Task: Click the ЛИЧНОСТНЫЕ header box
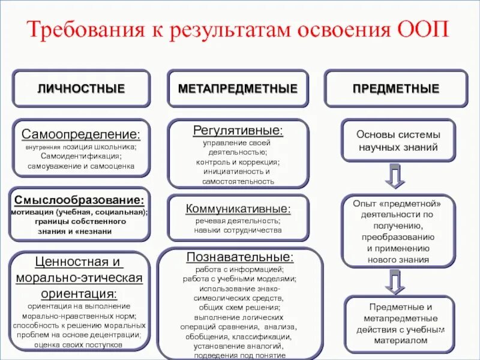pyautogui.click(x=81, y=89)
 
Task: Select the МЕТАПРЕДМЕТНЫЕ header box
pyautogui.click(x=238, y=89)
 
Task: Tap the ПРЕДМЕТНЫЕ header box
pyautogui.click(x=395, y=89)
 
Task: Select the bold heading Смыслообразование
pyautogui.click(x=79, y=200)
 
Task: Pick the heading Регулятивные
pyautogui.click(x=238, y=130)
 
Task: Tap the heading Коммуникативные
pyautogui.click(x=238, y=209)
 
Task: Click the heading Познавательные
pyautogui.click(x=240, y=257)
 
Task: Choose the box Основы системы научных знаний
pyautogui.click(x=398, y=140)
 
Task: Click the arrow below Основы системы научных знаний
pyautogui.click(x=395, y=175)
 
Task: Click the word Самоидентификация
pyautogui.click(x=81, y=156)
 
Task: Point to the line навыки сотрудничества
pyautogui.click(x=238, y=230)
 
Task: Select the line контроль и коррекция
pyautogui.click(x=238, y=162)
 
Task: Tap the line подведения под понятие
pyautogui.click(x=239, y=355)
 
